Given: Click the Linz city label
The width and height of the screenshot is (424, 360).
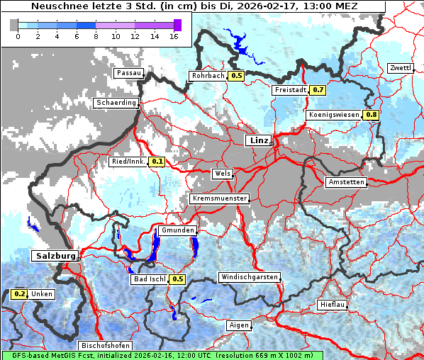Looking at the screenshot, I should tap(259, 140).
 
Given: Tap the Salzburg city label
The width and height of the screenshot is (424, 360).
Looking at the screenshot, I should tap(54, 255).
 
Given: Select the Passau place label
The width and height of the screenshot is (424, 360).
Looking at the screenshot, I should tap(129, 73).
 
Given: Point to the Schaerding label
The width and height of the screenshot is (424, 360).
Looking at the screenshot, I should tap(116, 103).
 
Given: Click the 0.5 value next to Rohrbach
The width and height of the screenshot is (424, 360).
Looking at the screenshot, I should tap(237, 76).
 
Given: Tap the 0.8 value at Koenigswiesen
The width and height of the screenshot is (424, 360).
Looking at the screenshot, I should tap(372, 115).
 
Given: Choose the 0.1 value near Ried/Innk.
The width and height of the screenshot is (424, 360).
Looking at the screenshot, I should tap(157, 162).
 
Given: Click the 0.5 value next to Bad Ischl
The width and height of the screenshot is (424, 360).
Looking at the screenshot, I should tap(178, 279).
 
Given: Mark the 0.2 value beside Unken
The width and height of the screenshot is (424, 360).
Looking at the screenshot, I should tap(19, 294).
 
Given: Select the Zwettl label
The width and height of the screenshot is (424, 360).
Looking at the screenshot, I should tap(400, 68).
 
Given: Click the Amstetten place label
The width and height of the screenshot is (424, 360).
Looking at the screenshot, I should tap(346, 182).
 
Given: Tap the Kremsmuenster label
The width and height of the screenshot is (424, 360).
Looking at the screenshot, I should tap(220, 199).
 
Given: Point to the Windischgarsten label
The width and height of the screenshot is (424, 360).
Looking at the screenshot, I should tap(249, 277).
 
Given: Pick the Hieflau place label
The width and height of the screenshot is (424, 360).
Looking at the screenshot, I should tap(333, 304).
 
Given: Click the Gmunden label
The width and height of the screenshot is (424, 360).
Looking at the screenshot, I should tap(177, 231).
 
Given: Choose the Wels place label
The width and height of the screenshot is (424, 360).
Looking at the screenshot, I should tap(223, 174).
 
